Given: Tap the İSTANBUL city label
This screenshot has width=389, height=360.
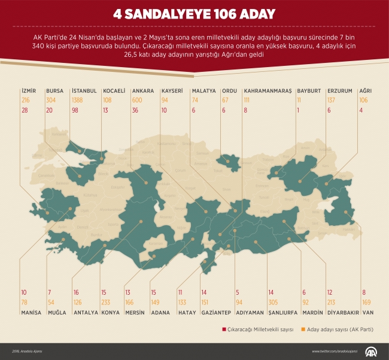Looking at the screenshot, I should tap(84, 91).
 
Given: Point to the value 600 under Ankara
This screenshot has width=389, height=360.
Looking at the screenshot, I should tap(137, 100).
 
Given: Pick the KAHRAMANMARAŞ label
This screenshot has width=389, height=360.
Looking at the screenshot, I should tap(268, 91).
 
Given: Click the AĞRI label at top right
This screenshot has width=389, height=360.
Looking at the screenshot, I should tap(365, 91).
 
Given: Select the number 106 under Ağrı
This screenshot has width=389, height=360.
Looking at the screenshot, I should tap(363, 100).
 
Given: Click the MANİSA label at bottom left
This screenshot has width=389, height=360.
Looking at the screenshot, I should tap(31, 312).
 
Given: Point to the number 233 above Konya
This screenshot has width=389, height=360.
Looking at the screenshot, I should tap(106, 302).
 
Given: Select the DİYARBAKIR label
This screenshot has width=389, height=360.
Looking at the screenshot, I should tap(344, 312).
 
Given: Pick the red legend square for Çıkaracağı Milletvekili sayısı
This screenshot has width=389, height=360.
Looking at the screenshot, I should tap(223, 329).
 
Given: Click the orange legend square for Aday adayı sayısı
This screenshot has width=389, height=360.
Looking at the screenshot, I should tap(304, 329).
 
